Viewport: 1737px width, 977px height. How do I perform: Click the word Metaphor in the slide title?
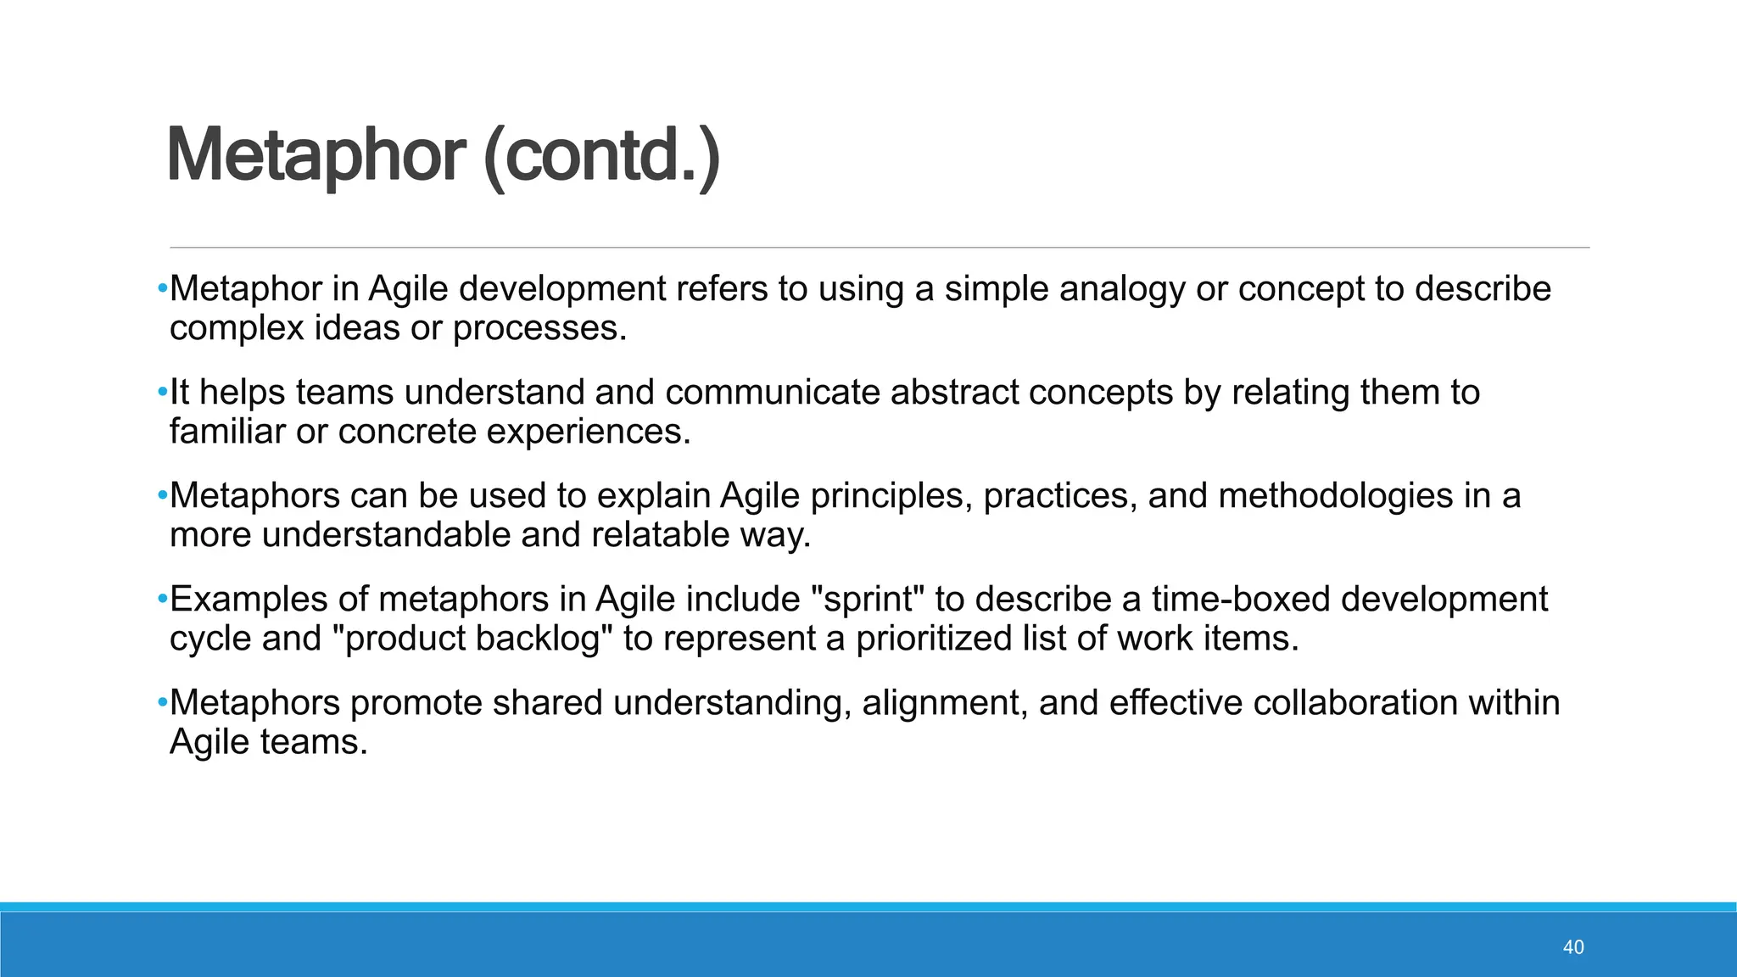(316, 156)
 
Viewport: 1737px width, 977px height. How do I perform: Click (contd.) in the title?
(601, 156)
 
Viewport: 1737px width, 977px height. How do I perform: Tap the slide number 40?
(1572, 947)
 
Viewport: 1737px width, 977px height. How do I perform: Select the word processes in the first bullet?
(539, 328)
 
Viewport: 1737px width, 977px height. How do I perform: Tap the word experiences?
(589, 432)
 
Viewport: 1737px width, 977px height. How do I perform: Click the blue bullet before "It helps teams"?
(162, 393)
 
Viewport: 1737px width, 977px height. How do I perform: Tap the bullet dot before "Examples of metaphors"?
(162, 600)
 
